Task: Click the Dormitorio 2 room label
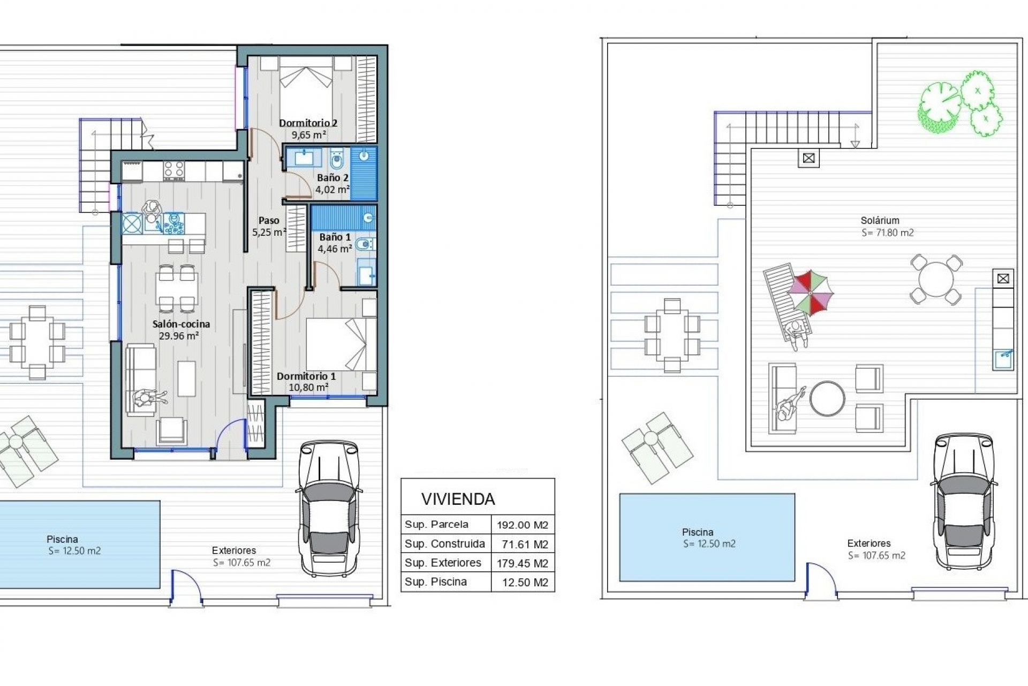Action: [x=308, y=123]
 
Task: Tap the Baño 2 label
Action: [x=332, y=177]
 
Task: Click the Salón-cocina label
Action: [x=181, y=324]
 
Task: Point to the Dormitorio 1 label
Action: [x=306, y=376]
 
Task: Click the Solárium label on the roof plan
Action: [x=880, y=220]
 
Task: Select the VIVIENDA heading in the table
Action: [x=458, y=499]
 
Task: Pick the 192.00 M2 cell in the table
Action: [x=523, y=525]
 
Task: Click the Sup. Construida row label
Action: [x=445, y=544]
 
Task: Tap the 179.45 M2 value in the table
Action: [x=523, y=563]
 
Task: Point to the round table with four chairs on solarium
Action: [x=935, y=279]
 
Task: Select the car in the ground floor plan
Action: [x=328, y=508]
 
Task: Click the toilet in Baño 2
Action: [x=337, y=159]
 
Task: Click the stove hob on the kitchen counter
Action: [x=174, y=170]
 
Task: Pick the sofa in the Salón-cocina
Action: [x=141, y=379]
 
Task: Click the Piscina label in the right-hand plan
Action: [x=697, y=532]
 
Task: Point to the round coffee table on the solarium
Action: [x=827, y=398]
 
